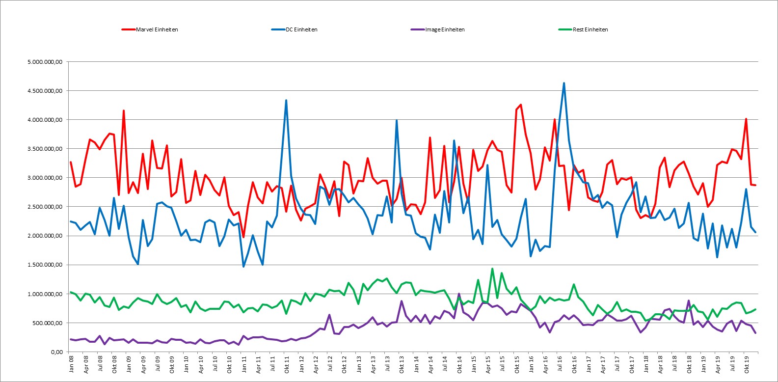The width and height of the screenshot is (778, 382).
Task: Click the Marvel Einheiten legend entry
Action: pyautogui.click(x=150, y=29)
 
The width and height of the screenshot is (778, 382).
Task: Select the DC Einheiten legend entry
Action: pyautogui.click(x=294, y=29)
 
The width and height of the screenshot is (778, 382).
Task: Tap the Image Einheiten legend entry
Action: pyautogui.click(x=438, y=29)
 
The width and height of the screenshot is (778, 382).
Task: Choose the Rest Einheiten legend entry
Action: pyautogui.click(x=583, y=29)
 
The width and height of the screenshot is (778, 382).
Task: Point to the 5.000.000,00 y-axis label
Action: pyautogui.click(x=45, y=62)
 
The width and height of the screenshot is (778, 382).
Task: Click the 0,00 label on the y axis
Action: pyautogui.click(x=57, y=352)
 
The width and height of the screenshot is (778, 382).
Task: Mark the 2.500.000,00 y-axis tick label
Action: pyautogui.click(x=45, y=207)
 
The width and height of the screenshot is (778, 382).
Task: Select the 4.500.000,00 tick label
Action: pyautogui.click(x=45, y=91)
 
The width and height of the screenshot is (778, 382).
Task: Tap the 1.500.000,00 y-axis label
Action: pyautogui.click(x=45, y=265)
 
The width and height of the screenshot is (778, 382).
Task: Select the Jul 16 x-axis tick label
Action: pyautogui.click(x=560, y=363)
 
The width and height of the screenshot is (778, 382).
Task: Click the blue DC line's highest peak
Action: pyautogui.click(x=564, y=83)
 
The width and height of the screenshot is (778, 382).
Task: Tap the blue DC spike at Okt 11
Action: pyautogui.click(x=286, y=100)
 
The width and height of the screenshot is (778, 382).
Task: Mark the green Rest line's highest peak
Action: pyautogui.click(x=492, y=269)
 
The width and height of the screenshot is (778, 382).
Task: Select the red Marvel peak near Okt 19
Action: pyautogui.click(x=746, y=119)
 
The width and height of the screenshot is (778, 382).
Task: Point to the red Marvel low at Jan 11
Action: pyautogui.click(x=243, y=237)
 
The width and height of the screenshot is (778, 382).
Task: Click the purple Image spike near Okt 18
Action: pyautogui.click(x=688, y=300)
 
